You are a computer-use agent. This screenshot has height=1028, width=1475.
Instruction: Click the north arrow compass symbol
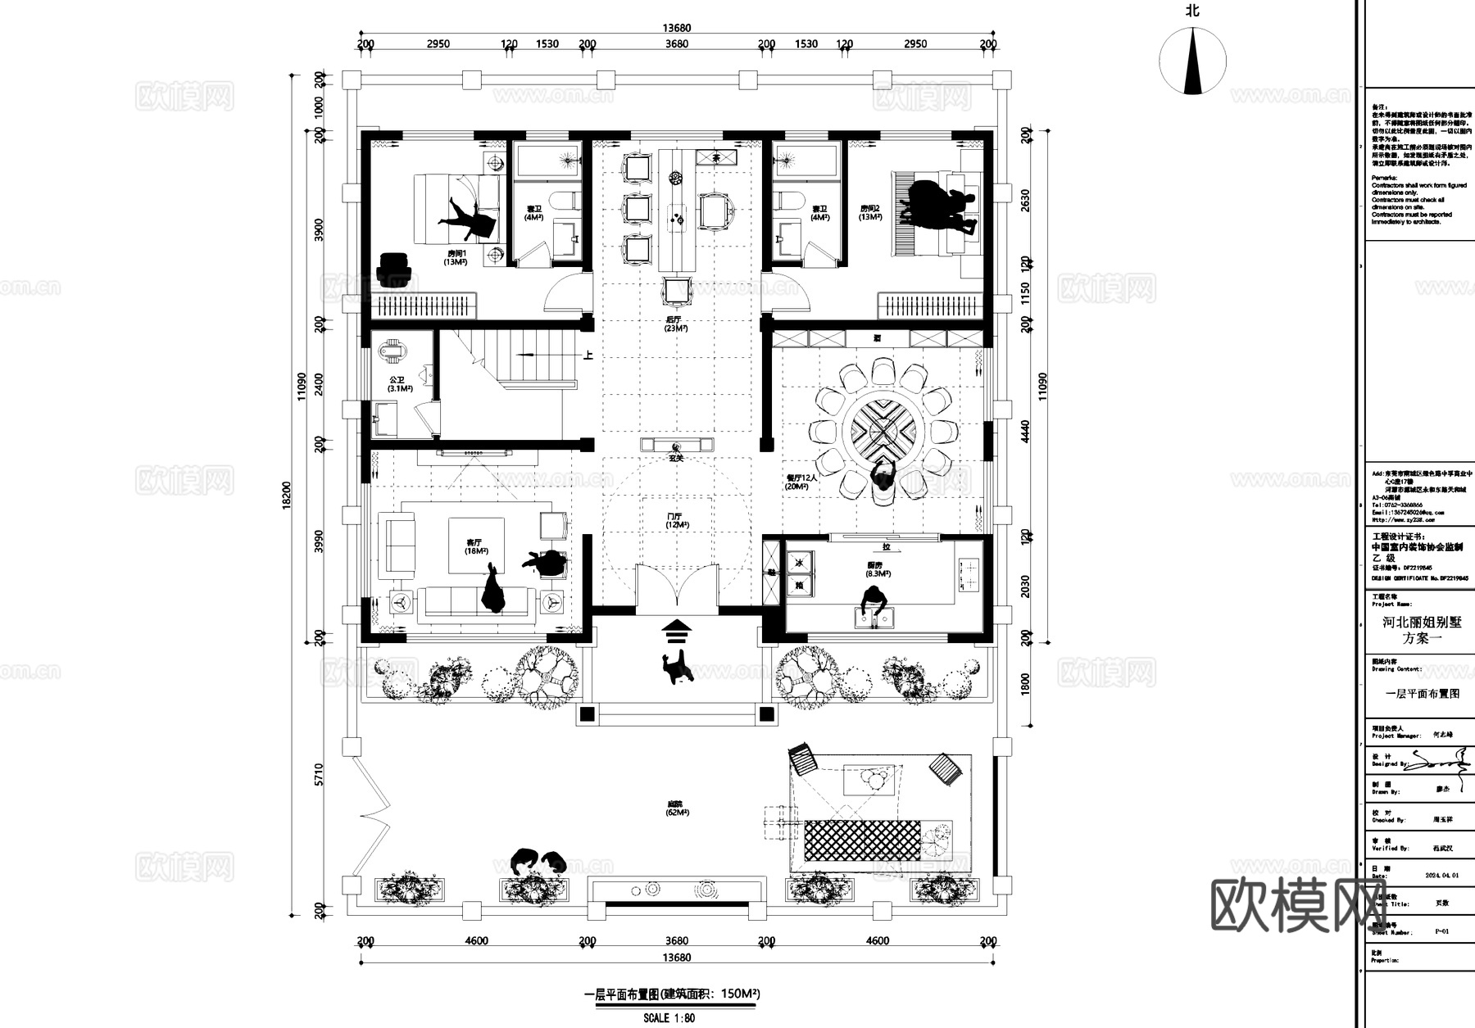1192,60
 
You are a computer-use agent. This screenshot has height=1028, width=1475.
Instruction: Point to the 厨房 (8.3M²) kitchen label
878,569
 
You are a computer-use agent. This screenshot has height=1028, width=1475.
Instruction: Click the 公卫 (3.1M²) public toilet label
399,384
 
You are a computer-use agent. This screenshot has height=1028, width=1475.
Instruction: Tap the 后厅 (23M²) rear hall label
676,324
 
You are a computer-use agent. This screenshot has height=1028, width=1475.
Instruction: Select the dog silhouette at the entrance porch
678,667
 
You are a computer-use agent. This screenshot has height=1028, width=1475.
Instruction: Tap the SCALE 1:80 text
669,1018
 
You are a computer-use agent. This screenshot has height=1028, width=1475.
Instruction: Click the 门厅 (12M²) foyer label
676,520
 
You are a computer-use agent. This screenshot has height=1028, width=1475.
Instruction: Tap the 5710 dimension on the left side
319,774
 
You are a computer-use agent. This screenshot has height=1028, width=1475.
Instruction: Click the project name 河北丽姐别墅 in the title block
1422,623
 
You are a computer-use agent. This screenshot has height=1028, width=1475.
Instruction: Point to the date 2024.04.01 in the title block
1441,876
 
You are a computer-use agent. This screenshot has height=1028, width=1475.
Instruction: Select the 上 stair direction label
588,355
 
